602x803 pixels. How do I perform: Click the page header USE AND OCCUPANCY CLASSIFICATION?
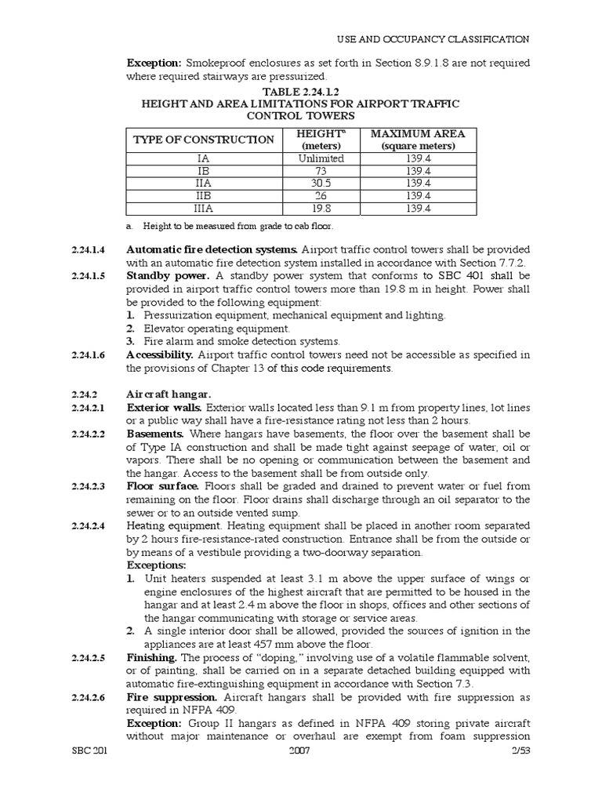coord(433,38)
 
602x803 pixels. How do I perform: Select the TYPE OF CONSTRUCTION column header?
coord(204,140)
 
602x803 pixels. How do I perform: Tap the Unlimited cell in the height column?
coord(321,158)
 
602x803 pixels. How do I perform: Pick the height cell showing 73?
coord(321,170)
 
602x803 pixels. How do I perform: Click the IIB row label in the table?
coord(204,195)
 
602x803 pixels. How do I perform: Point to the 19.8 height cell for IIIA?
coord(321,209)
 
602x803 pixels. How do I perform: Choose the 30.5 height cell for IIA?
coord(321,183)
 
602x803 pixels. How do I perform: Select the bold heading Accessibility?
coord(160,354)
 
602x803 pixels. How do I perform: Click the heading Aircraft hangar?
coord(169,394)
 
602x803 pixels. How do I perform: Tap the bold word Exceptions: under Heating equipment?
coord(157,565)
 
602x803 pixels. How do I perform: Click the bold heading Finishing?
coord(153,656)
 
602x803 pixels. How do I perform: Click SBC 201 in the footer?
coord(88,750)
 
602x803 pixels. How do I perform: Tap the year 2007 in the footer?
coord(301,750)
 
